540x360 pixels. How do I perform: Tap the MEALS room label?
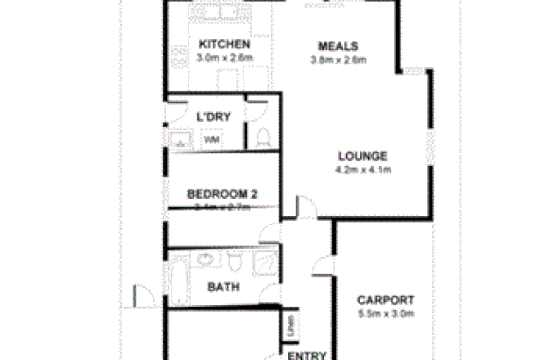[x=338, y=46]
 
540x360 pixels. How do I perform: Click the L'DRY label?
[x=214, y=117]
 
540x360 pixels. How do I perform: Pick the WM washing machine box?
[x=211, y=140]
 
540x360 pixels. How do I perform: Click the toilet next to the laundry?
[x=263, y=137]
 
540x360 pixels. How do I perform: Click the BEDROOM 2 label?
[x=223, y=195]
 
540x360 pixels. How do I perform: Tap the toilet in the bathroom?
[x=234, y=261]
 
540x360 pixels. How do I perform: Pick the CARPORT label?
[x=385, y=300]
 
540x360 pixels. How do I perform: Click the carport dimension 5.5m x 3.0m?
[x=385, y=313]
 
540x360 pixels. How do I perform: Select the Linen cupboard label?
[x=290, y=327]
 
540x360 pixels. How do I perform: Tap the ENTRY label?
[x=307, y=355]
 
